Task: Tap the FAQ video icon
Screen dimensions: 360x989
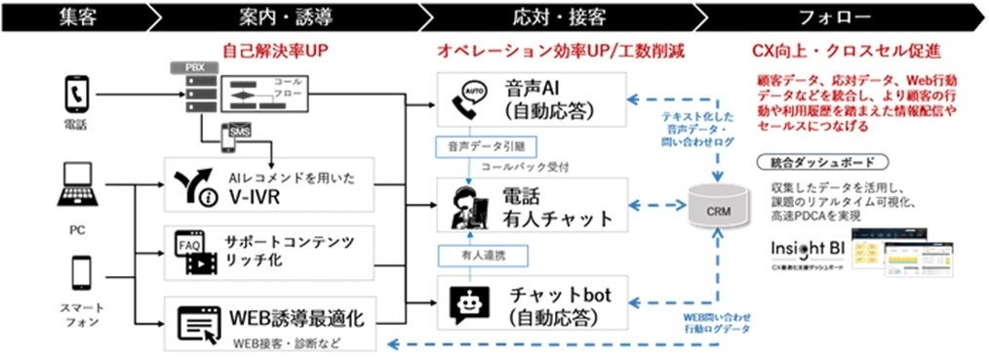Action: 191,251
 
